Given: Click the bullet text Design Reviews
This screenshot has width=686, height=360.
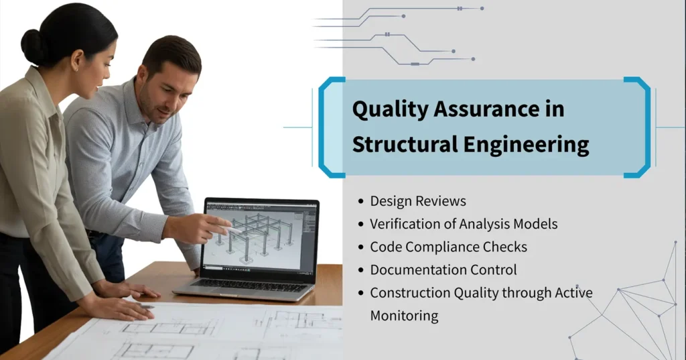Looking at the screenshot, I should pos(418,201).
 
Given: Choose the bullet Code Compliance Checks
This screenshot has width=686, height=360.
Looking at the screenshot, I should pos(448,247).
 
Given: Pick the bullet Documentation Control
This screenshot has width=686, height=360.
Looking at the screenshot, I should pos(443,269).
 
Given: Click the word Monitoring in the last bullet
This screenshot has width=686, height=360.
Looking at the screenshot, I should pos(404,315).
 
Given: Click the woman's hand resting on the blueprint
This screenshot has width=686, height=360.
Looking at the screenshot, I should pos(121,306).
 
